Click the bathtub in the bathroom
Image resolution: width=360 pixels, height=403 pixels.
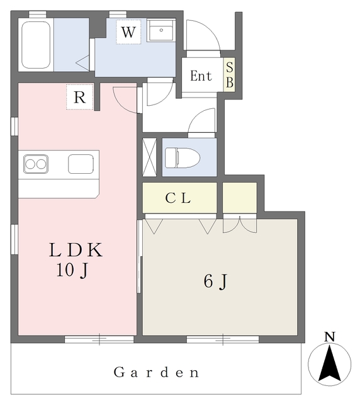[36, 45]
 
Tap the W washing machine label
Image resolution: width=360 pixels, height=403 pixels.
[128, 32]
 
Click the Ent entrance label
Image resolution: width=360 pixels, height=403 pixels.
[201, 76]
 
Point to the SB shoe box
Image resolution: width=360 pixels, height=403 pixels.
[229, 74]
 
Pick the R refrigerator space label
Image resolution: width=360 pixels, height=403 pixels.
[80, 97]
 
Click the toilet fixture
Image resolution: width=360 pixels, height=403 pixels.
[183, 158]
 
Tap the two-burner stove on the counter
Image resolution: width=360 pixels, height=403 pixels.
[36, 164]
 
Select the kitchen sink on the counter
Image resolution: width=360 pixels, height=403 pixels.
[81, 164]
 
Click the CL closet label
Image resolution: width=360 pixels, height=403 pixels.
[178, 198]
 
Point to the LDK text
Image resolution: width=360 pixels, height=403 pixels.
[76, 250]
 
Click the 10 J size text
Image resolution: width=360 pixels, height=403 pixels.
[72, 271]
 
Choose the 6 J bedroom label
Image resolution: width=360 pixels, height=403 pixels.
[215, 281]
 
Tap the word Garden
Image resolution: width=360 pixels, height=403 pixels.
[156, 372]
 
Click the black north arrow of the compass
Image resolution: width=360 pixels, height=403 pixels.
[329, 363]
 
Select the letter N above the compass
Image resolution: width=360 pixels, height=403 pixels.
[330, 337]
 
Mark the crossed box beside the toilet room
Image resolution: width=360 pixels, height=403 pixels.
[149, 157]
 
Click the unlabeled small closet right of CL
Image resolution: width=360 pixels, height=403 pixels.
[240, 198]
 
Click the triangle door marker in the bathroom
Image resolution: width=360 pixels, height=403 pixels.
[82, 62]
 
